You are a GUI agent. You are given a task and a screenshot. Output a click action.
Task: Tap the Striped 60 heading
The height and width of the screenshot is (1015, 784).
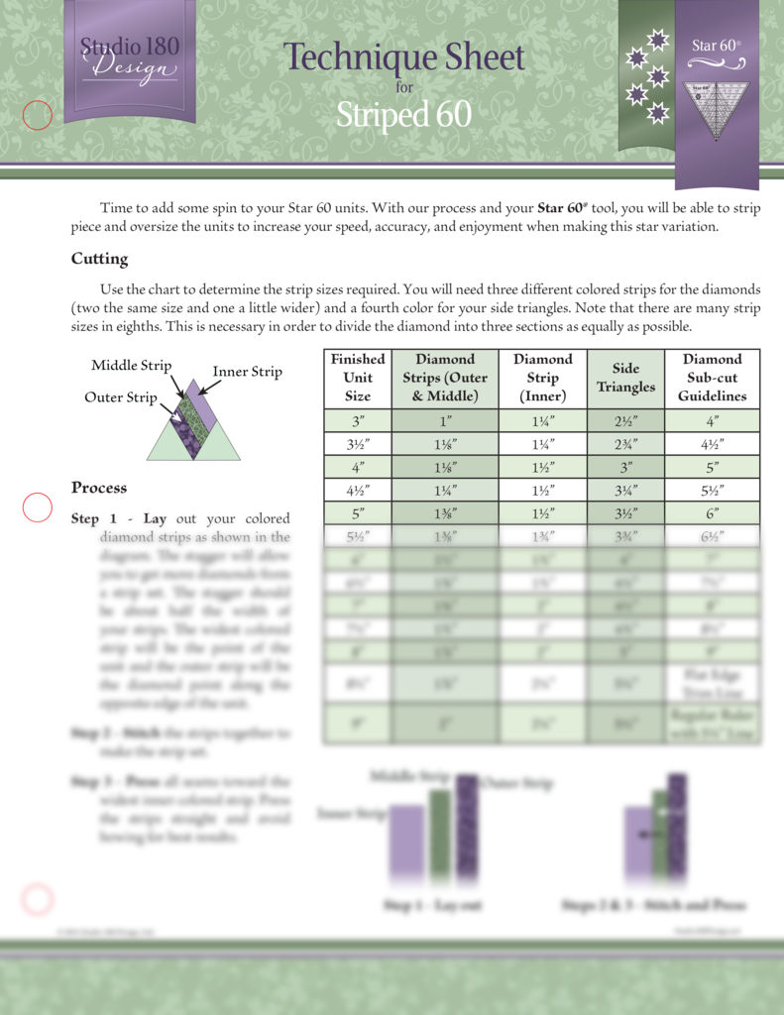[403, 115]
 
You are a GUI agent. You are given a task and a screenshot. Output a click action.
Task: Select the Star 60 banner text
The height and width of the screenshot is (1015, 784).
[716, 46]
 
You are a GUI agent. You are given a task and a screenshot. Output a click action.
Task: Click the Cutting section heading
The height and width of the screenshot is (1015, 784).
[99, 259]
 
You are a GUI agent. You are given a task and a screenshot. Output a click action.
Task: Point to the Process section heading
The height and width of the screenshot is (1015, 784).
[99, 488]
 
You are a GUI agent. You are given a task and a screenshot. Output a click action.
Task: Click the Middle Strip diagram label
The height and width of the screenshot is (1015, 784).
[131, 366]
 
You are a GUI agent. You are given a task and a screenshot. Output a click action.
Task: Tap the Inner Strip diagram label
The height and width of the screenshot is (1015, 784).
[247, 372]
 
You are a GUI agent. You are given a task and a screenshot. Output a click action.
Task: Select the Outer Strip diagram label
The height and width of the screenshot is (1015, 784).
[121, 397]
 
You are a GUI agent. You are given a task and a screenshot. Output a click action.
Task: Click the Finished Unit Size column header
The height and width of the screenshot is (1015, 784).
[358, 378]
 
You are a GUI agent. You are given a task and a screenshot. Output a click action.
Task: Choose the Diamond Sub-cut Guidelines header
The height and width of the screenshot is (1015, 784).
[712, 378]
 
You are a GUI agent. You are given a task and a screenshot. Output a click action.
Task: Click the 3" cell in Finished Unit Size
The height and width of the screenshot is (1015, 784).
[358, 420]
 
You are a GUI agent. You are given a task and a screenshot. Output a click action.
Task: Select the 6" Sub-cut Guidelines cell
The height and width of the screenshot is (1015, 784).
[712, 513]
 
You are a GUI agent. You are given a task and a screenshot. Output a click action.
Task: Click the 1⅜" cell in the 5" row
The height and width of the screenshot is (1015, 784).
[444, 513]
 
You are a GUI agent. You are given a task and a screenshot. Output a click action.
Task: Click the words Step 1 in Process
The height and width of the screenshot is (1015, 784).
[94, 518]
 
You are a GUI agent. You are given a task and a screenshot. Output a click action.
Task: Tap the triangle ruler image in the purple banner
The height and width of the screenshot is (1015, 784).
[716, 111]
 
